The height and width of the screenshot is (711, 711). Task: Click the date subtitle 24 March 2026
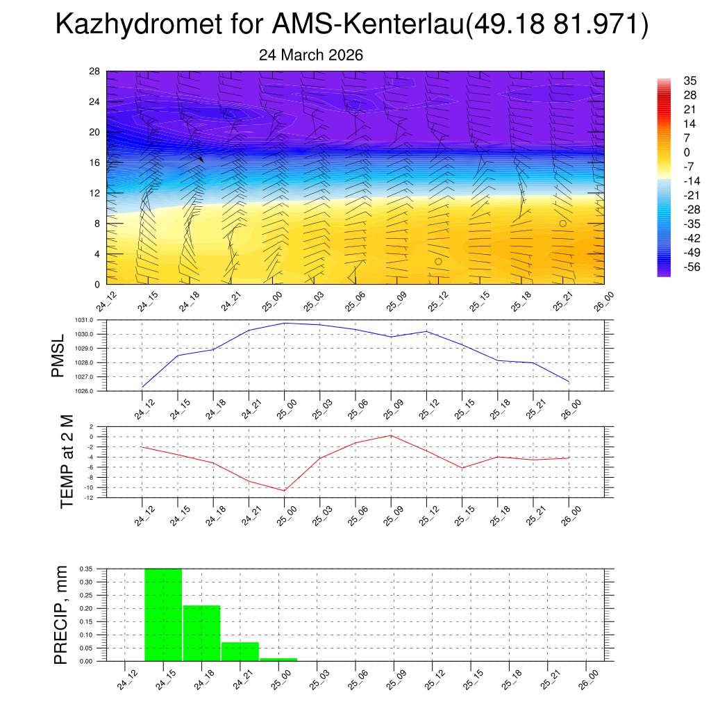(x=311, y=55)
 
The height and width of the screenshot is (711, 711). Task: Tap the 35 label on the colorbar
(x=670, y=81)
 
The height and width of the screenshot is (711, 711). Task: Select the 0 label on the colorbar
(x=667, y=152)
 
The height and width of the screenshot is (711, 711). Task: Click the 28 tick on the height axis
(x=95, y=71)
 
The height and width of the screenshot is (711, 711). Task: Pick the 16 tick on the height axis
(x=95, y=162)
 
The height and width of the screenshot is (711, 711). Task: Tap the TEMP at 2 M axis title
(x=67, y=462)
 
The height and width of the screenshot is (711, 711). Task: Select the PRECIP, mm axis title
(x=62, y=614)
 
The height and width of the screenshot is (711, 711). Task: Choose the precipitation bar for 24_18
(x=201, y=633)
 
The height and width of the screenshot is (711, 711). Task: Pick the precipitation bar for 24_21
(x=240, y=651)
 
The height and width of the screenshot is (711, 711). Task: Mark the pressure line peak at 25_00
(x=285, y=323)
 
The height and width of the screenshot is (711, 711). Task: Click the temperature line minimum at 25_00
(x=285, y=491)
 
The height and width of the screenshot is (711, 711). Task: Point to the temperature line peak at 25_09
(x=391, y=435)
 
